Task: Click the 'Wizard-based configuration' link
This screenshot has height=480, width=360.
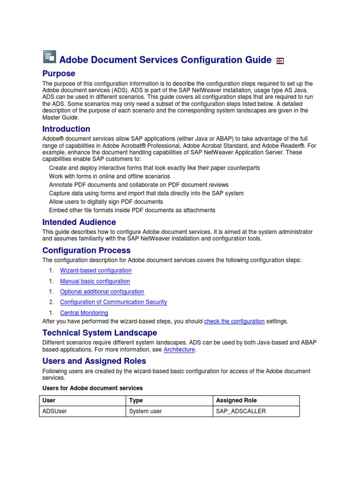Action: tap(96, 270)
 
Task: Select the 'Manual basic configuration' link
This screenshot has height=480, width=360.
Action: tap(95, 281)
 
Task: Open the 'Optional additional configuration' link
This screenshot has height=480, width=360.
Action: tap(102, 292)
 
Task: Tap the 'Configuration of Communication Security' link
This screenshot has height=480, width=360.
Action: tap(113, 302)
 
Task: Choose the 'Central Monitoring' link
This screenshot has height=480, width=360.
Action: tap(84, 313)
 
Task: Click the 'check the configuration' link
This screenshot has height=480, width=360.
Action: tap(234, 322)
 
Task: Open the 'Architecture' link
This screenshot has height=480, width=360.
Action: tap(179, 350)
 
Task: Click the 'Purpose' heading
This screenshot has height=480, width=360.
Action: tap(59, 74)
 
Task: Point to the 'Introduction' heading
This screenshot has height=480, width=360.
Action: tap(66, 129)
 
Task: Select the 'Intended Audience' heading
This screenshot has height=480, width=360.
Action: tap(79, 222)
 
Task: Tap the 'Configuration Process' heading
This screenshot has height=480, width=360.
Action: tap(86, 250)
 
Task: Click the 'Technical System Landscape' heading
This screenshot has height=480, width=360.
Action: tap(99, 333)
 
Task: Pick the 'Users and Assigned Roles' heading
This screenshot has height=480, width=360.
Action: tap(94, 361)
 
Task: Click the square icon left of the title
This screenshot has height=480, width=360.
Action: tap(49, 57)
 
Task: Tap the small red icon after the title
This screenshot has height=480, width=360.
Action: tap(280, 60)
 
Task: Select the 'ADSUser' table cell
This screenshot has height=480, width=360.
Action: tap(54, 412)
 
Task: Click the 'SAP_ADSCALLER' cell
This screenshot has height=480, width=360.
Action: tap(240, 412)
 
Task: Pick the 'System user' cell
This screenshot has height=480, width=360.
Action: tap(145, 412)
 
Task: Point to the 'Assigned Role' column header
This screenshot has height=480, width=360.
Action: tap(236, 401)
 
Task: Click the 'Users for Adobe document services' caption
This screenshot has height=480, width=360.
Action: tap(92, 388)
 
